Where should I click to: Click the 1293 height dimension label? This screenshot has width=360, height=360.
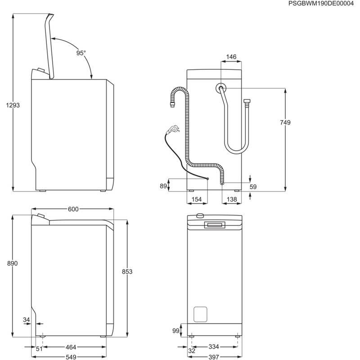(x=13, y=105)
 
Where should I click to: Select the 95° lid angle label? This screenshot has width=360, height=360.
(x=81, y=53)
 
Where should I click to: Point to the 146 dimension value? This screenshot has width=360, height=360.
(x=231, y=57)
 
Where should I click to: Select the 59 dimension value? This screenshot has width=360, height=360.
(x=253, y=187)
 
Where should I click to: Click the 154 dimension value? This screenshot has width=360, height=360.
(x=195, y=199)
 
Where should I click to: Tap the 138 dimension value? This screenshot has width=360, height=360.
(x=231, y=199)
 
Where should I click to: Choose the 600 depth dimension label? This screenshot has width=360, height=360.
(x=73, y=209)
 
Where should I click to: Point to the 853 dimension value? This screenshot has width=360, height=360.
(x=127, y=271)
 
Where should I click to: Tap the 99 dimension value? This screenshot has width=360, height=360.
(x=176, y=331)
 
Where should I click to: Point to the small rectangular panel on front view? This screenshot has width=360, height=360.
(x=200, y=314)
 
